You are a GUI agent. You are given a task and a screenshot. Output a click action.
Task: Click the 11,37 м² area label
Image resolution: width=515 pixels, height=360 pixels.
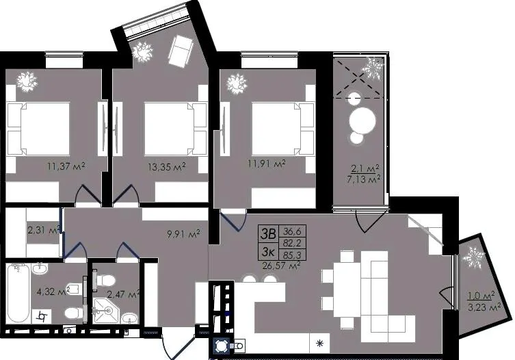pyautogui.click(x=66, y=166)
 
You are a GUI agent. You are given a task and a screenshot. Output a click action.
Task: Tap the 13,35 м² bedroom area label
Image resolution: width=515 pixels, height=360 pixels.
pyautogui.click(x=167, y=166)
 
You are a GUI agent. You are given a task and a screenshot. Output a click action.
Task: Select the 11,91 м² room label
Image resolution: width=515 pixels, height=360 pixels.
pyautogui.click(x=266, y=164)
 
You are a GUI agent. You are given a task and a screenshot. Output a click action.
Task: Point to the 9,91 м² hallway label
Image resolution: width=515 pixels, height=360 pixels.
pyautogui.click(x=184, y=235)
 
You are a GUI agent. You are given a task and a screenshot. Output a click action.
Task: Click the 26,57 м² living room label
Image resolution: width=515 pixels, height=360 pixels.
pyautogui.click(x=282, y=265)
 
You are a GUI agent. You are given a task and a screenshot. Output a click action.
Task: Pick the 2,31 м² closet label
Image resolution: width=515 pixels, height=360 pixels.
pyautogui.click(x=43, y=230)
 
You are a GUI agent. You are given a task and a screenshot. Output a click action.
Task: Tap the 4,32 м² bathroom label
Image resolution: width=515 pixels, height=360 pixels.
pyautogui.click(x=53, y=292)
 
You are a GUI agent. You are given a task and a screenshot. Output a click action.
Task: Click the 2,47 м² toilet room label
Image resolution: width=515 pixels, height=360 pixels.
pyautogui.click(x=124, y=294)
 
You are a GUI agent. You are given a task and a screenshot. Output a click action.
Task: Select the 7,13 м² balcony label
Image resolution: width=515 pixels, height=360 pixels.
pyautogui.click(x=364, y=179)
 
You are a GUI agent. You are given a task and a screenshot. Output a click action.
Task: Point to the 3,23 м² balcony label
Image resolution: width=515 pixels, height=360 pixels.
pyautogui.click(x=484, y=307)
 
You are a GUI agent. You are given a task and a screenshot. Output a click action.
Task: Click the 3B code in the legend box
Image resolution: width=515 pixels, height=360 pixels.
pyautogui.click(x=268, y=234)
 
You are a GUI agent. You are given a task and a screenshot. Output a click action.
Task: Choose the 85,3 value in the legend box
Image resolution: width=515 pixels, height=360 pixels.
pyautogui.click(x=292, y=254)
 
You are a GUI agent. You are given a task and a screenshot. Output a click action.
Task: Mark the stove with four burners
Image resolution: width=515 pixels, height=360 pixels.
pyautogui.click(x=222, y=346)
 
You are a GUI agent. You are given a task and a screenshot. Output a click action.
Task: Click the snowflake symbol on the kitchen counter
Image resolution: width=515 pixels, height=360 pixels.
pyautogui.click(x=319, y=344)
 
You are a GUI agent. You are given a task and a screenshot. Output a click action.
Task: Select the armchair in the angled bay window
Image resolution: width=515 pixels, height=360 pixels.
pyautogui.click(x=180, y=51)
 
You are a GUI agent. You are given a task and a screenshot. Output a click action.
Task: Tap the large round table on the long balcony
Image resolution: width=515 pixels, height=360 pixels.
pyautogui.click(x=362, y=120)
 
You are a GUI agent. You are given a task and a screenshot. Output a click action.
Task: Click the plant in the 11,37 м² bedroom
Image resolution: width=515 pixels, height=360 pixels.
pyautogui.click(x=27, y=82)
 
